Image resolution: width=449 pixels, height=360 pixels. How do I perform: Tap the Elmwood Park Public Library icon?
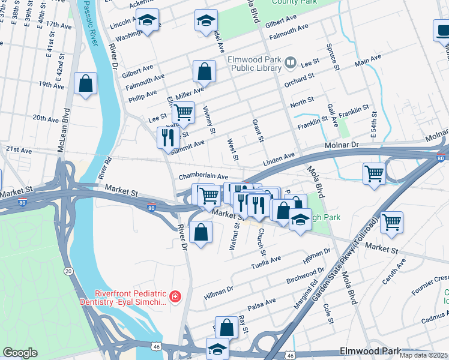click(x=291, y=62)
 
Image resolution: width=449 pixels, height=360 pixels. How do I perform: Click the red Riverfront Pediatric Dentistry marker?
click(x=175, y=296)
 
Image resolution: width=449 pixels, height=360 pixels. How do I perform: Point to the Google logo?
click(x=20, y=353)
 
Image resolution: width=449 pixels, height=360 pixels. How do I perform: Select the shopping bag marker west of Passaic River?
click(x=85, y=83)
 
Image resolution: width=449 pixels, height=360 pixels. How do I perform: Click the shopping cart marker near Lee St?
click(x=183, y=112)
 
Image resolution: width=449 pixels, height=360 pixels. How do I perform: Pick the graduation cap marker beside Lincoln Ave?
click(x=147, y=21)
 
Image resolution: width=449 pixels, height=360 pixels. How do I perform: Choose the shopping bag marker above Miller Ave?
click(x=204, y=71)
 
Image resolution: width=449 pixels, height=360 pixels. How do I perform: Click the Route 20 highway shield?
click(x=69, y=272)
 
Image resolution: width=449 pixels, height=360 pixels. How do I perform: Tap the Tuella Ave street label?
click(x=266, y=262)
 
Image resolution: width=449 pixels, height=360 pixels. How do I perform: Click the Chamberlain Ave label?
click(x=203, y=177)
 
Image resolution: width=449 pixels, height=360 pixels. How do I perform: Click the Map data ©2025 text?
click(x=423, y=355)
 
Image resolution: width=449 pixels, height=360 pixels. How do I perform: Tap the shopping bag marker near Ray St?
click(x=226, y=328)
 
